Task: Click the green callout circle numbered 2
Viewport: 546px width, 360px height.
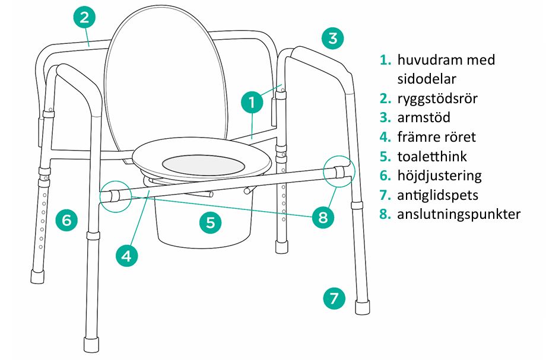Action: pos(85,17)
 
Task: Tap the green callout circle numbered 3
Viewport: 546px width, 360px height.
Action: pos(332,38)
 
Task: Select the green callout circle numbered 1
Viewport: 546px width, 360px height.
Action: pos(252,102)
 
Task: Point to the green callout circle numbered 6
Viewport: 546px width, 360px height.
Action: pos(66,220)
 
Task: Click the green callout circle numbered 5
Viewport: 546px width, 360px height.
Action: pos(211,222)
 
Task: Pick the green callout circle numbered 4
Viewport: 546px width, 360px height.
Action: pos(127,256)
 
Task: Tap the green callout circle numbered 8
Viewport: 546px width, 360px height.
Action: pos(323,218)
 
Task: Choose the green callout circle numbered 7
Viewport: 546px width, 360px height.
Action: pos(334,298)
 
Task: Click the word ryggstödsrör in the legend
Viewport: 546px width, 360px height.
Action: pos(437,99)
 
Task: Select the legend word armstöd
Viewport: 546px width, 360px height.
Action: pos(424,117)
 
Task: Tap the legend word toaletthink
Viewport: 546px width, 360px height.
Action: pos(432,156)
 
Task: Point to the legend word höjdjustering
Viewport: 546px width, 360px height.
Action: pos(439,176)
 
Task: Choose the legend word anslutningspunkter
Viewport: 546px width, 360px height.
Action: pos(459,215)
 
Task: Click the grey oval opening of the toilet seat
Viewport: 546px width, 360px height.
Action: pos(203,165)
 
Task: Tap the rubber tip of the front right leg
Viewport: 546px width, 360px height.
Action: pos(362,307)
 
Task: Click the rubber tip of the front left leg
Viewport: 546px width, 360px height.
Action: pos(91,345)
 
